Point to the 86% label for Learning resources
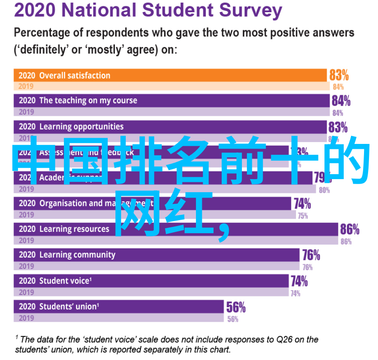coord(350,229)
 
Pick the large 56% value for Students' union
coord(236,308)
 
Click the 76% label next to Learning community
coord(311,255)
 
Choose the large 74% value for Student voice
coord(299,282)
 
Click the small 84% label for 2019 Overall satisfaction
coord(338,87)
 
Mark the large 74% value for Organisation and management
coord(302,203)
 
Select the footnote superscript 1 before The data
coord(17,337)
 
